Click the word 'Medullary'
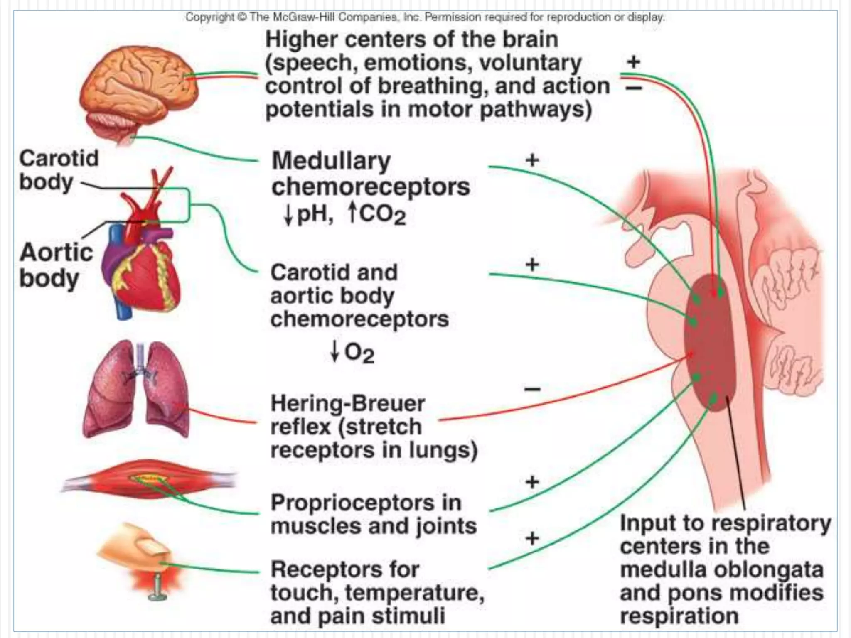331,161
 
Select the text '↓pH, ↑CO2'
344,215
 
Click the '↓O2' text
352,353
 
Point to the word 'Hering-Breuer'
347,403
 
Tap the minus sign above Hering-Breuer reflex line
532,389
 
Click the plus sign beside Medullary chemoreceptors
532,160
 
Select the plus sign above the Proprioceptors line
532,482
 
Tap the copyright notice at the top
425,17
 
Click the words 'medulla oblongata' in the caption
721,569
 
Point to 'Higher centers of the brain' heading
411,40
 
